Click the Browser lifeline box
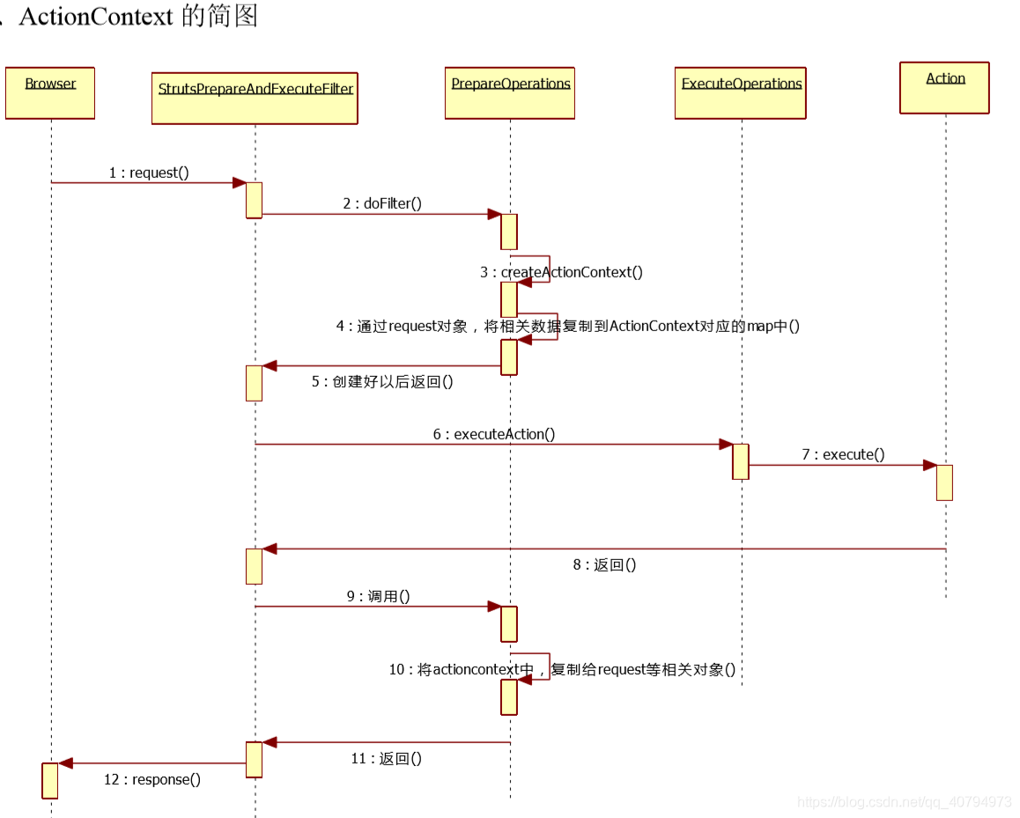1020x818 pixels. point(50,92)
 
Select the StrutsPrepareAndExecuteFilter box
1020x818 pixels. point(255,98)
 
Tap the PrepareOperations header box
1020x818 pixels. point(510,92)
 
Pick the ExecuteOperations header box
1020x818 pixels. point(741,92)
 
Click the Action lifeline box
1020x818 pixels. point(945,87)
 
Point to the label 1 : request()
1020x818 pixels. point(149,173)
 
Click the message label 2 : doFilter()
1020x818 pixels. point(382,203)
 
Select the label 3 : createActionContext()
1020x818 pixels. point(561,272)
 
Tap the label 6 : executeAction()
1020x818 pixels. point(494,434)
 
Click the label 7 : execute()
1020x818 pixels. point(843,454)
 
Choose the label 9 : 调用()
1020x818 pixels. point(378,596)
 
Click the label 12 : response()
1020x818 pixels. point(152,779)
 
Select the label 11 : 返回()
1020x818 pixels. point(386,758)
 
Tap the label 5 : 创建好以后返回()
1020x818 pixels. point(382,381)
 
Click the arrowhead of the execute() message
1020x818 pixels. point(929,465)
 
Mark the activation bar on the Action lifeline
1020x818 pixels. point(944,483)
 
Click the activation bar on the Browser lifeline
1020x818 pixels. point(50,780)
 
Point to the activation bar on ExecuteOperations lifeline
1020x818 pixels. point(741,461)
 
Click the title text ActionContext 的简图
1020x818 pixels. point(137,16)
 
